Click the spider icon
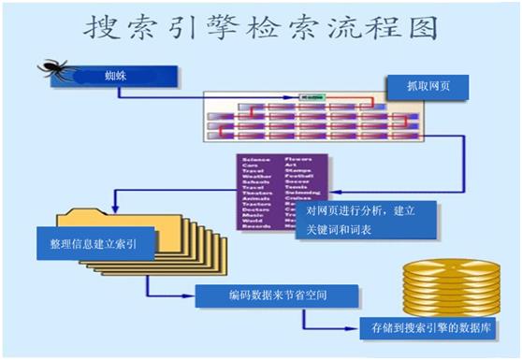(x=54, y=70)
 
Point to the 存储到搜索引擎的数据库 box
(x=428, y=328)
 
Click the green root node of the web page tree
(x=308, y=96)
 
